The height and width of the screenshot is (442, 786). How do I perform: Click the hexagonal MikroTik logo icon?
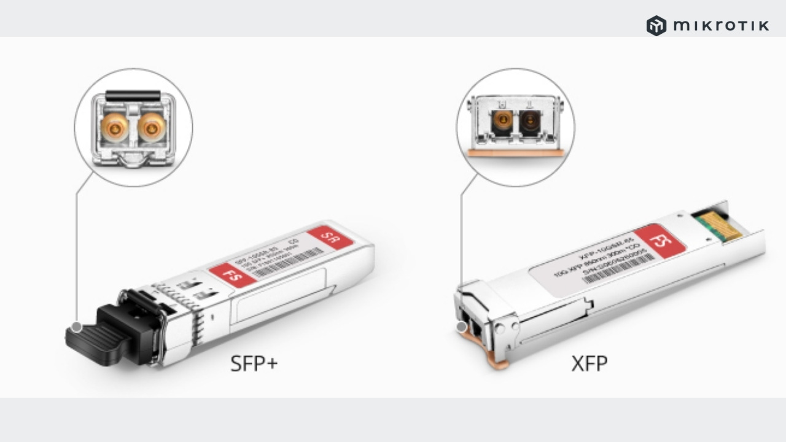click(x=656, y=26)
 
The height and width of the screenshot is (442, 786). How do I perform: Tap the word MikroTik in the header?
click(x=721, y=26)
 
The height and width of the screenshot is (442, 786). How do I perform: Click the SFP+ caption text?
click(x=254, y=363)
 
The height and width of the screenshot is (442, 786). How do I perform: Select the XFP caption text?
click(x=589, y=363)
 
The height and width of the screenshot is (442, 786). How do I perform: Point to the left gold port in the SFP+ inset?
click(x=115, y=127)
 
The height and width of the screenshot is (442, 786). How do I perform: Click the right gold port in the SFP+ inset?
click(x=151, y=127)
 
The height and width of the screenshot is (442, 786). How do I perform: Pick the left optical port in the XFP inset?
click(x=502, y=122)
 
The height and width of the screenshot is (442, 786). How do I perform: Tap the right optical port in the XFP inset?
click(x=530, y=122)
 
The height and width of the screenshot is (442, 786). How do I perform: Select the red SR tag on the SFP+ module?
click(x=331, y=238)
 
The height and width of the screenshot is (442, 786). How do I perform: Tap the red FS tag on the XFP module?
click(x=660, y=241)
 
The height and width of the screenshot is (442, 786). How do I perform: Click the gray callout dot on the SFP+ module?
click(x=77, y=327)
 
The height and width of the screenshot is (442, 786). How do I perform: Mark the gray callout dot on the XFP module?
click(x=462, y=327)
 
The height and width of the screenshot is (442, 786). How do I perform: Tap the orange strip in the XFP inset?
click(x=515, y=153)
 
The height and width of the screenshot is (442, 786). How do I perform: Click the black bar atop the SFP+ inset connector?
click(x=133, y=96)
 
